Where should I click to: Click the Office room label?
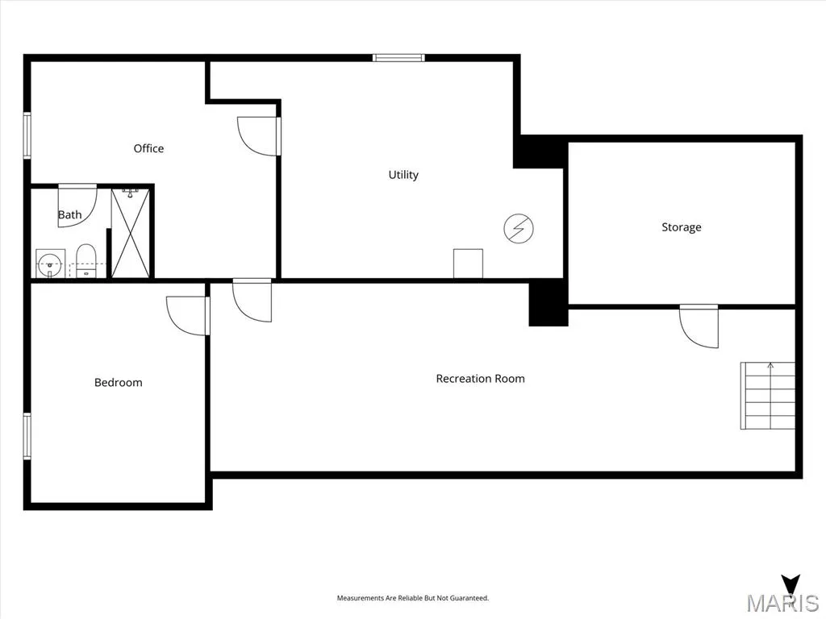(148, 148)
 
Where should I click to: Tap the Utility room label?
(403, 175)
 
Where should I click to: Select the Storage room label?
(681, 226)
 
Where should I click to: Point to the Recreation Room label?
(481, 379)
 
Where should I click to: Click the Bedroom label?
(118, 383)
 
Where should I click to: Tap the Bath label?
(69, 214)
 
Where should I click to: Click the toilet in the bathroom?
(86, 260)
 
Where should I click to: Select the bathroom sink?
(51, 264)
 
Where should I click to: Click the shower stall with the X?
(131, 233)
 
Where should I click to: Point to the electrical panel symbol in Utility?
(519, 228)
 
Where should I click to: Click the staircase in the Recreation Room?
(768, 395)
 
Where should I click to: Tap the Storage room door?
(699, 326)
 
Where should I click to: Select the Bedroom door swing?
(188, 315)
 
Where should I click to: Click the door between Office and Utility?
(259, 136)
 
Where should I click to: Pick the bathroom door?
(77, 206)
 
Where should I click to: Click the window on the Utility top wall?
(398, 58)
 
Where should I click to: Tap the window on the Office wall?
(27, 135)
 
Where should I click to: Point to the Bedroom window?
(27, 436)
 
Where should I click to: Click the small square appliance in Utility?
(469, 264)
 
